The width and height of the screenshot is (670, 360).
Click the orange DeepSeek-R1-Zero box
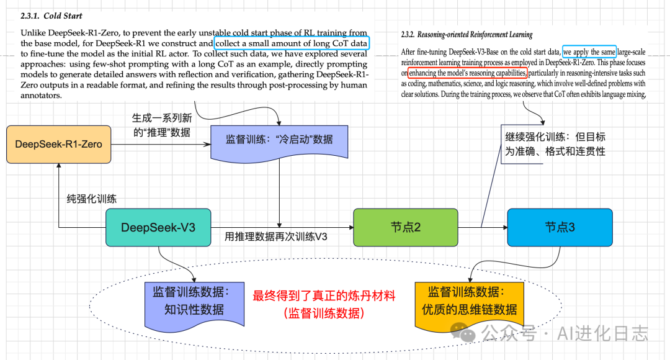[x=58, y=145]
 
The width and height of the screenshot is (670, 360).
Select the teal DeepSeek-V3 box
[x=158, y=227]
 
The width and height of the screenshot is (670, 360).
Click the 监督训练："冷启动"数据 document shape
[x=279, y=140]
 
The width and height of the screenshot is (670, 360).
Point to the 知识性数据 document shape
[x=194, y=301]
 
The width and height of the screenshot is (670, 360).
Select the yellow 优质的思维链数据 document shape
[x=469, y=301]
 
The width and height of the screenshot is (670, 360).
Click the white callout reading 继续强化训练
[x=555, y=145]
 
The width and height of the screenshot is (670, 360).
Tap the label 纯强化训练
[x=92, y=199]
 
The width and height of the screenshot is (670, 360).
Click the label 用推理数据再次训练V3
[x=276, y=236]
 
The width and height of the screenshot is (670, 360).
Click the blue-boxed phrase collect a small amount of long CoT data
[x=292, y=43]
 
